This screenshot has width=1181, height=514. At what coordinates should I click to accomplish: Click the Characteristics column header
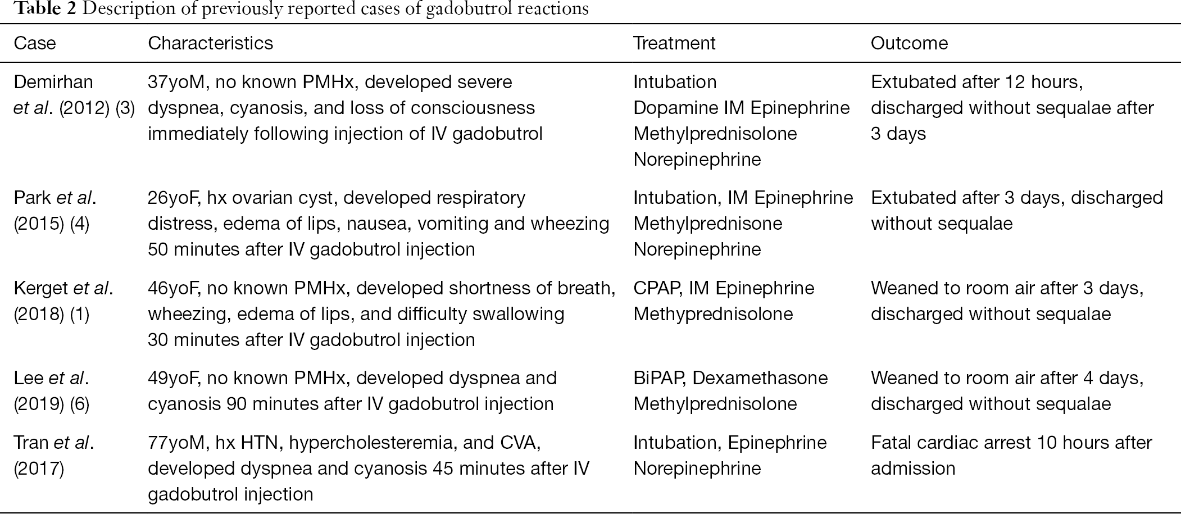coord(211,43)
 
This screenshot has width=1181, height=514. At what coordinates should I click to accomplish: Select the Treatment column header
coord(674,43)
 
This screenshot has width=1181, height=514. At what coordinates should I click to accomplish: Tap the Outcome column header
coord(909,43)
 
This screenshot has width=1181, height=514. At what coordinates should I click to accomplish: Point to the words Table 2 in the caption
coord(38,8)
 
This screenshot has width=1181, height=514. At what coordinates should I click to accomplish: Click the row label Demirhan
coord(53,82)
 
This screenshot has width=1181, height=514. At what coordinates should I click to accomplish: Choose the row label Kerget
coord(41,288)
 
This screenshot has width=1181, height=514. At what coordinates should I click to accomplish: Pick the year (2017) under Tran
coord(39,468)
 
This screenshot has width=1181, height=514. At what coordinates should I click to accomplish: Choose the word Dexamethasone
coord(760,378)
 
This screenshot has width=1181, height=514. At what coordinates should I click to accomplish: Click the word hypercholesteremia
coord(371,443)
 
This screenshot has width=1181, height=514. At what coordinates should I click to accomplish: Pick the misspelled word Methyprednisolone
coord(713,314)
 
